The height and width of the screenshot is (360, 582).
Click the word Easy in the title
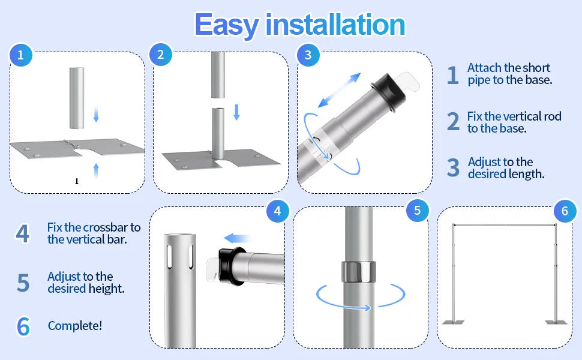point(226,25)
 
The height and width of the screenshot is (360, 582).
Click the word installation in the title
point(335,25)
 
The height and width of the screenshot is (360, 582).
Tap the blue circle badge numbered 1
point(21,55)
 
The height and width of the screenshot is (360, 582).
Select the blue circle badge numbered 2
point(161,55)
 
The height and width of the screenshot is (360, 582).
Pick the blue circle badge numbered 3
point(308,55)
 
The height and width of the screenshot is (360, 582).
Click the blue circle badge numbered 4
point(278,211)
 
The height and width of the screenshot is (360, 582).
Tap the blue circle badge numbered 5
point(418,211)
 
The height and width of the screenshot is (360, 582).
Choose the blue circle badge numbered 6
point(565,211)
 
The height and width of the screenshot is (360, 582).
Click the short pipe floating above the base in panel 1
point(77,98)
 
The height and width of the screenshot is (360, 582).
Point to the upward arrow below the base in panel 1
point(96,170)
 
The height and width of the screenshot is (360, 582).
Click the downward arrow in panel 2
point(236,112)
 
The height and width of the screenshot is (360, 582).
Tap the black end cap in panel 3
point(389,91)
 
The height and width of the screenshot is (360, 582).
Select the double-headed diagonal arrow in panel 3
point(339,90)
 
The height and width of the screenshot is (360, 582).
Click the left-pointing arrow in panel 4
point(237,238)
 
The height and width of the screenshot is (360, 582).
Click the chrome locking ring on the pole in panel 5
point(359,272)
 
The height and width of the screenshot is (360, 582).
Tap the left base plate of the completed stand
point(453,322)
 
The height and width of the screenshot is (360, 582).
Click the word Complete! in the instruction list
point(74,326)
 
